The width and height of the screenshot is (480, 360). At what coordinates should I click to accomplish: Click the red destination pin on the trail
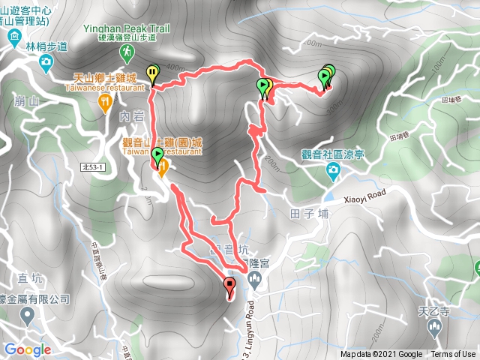pos(229,286)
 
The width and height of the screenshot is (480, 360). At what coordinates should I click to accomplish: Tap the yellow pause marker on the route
pos(153,73)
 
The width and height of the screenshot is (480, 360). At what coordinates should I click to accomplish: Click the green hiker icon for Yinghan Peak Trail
pos(127,52)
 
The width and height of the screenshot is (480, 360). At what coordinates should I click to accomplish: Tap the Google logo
pos(27,349)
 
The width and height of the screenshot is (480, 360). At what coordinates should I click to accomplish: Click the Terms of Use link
pos(452,355)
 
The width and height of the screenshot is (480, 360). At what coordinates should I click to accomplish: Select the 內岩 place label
pos(130,117)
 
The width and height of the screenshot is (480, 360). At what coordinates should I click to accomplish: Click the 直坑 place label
pos(28,279)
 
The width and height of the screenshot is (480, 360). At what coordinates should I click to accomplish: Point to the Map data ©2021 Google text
pos(380,355)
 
